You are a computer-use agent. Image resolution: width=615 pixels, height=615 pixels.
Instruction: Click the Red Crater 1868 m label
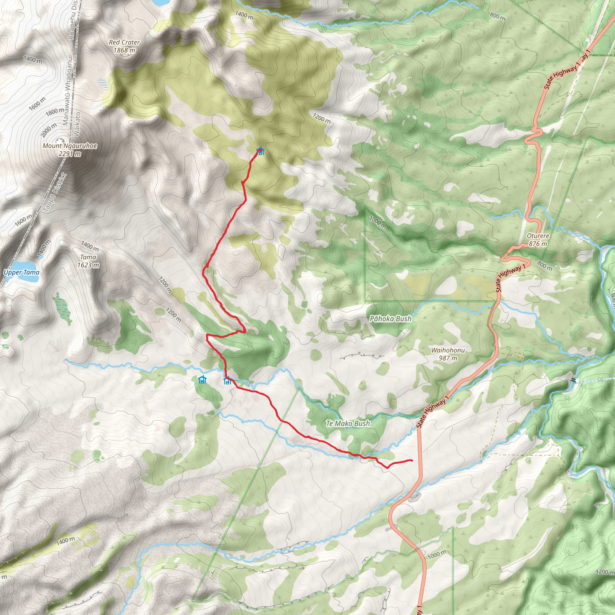[124, 46]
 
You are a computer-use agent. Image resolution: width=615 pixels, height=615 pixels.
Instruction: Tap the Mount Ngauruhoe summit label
[70, 149]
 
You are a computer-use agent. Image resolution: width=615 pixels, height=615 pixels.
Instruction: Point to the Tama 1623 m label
[88, 261]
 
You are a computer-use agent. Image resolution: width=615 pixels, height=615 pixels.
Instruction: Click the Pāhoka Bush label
[390, 319]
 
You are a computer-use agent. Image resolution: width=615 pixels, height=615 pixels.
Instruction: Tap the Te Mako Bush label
[348, 423]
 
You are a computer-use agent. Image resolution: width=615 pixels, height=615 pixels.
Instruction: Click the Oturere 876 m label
[538, 240]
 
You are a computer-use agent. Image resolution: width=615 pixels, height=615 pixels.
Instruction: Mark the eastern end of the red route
[412, 460]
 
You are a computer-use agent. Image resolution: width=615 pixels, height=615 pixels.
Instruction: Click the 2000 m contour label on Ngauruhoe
[49, 130]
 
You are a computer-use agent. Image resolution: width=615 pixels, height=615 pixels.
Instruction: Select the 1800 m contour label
[54, 111]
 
